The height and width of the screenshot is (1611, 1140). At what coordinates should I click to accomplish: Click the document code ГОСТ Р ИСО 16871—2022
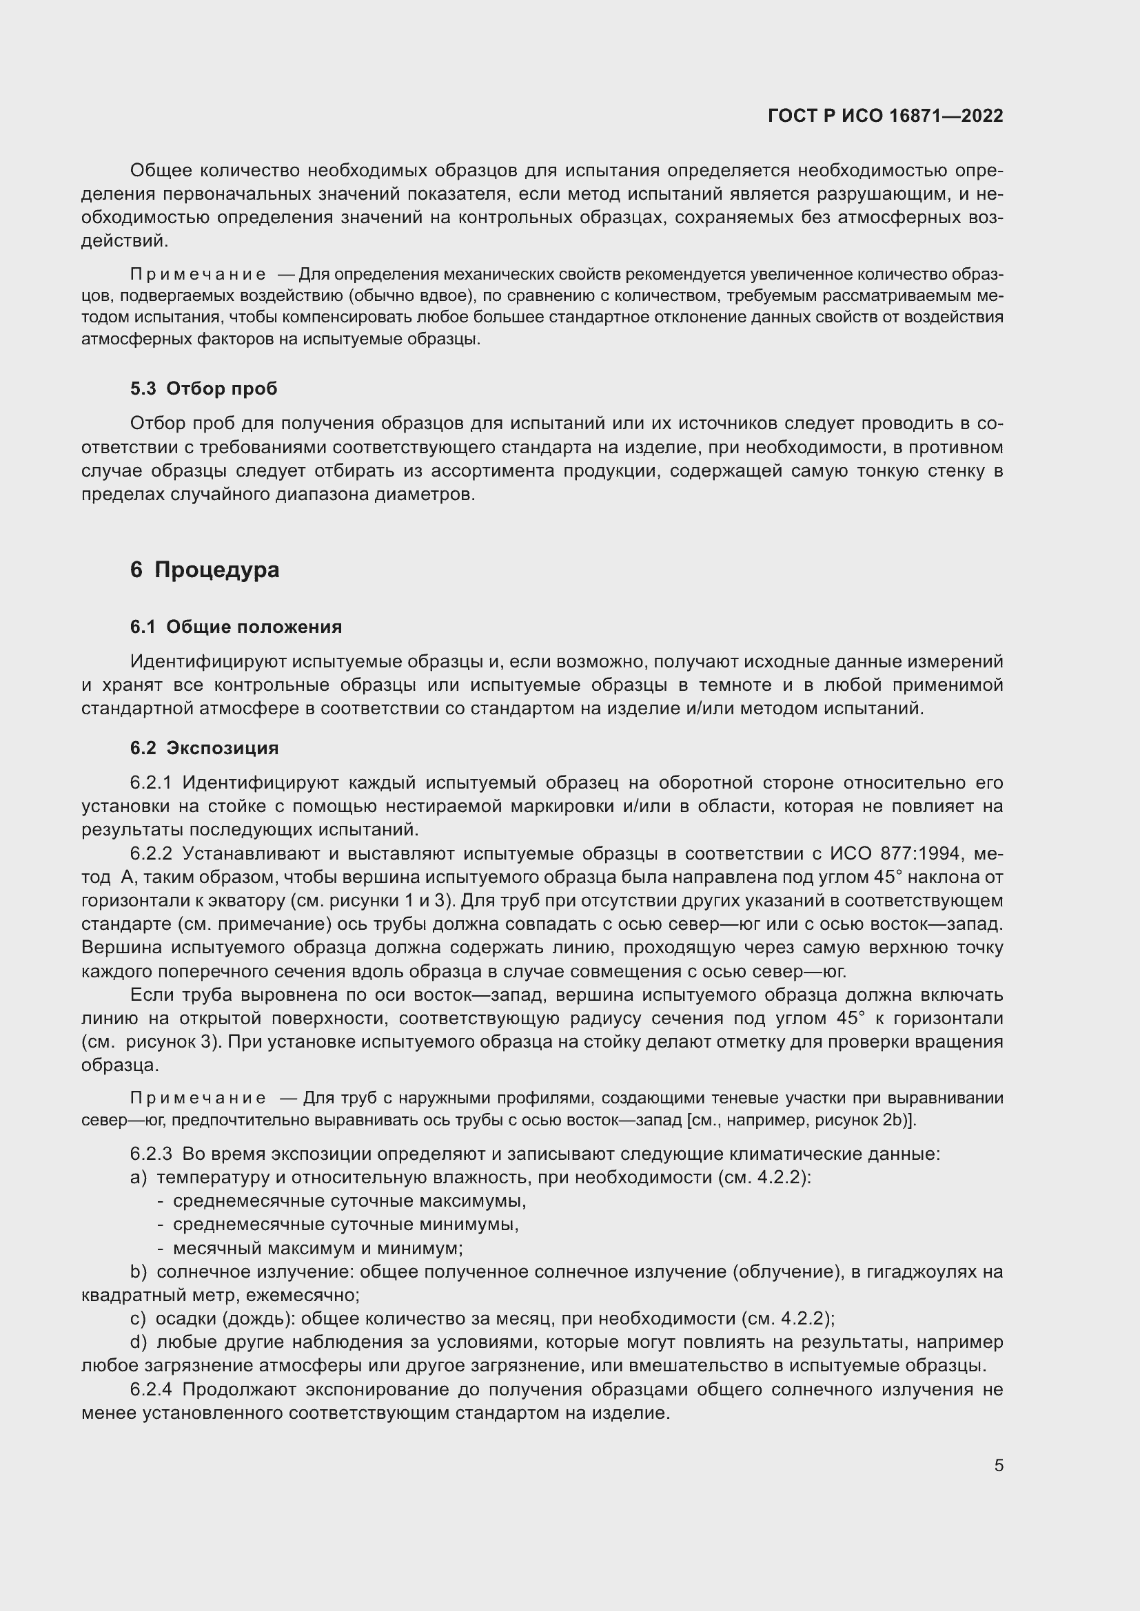[x=885, y=116]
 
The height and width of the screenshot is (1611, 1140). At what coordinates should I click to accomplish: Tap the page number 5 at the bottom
[x=998, y=1465]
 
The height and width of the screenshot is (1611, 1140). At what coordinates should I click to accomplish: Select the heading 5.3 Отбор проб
[x=203, y=388]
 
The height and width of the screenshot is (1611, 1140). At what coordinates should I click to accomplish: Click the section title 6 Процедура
[x=204, y=570]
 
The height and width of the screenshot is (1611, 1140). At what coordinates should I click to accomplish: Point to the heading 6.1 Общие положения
[x=236, y=627]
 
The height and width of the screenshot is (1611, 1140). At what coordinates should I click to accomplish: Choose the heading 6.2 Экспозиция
[x=204, y=748]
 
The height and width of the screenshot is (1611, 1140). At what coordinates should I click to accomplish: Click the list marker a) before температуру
[x=139, y=1177]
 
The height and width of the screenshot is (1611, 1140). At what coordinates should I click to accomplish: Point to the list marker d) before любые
[x=139, y=1342]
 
